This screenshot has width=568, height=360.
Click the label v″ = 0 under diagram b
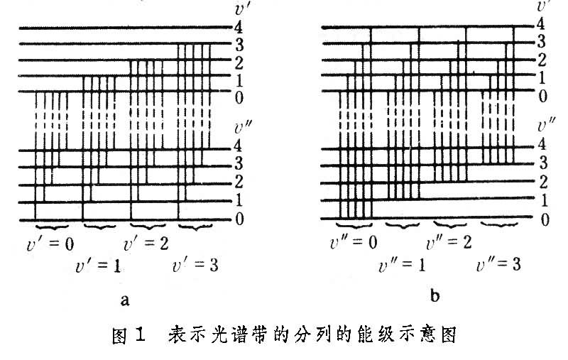(354, 244)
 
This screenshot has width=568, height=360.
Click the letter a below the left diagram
(125, 300)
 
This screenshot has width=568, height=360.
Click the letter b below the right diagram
(435, 298)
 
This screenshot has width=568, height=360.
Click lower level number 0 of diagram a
(239, 219)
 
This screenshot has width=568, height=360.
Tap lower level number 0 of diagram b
(545, 219)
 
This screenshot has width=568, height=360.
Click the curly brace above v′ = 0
(52, 226)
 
